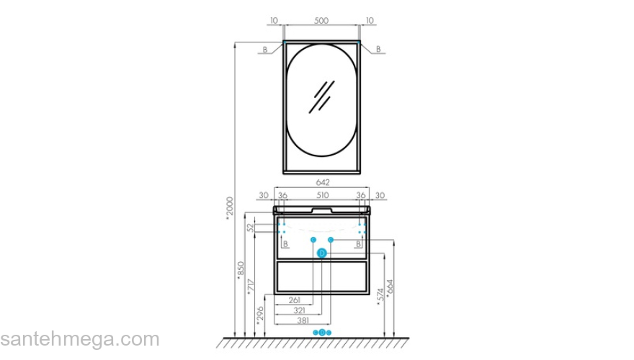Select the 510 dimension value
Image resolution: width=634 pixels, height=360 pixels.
[x=322, y=195]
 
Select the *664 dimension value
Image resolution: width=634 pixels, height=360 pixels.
[x=390, y=290]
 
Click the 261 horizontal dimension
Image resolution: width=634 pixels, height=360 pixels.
[x=294, y=300]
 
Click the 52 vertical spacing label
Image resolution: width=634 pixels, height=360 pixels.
[x=251, y=228]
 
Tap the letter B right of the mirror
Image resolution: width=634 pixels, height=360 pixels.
[x=379, y=49]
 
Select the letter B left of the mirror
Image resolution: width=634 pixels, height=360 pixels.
[x=264, y=49]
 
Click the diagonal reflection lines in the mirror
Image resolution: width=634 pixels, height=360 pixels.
[x=321, y=96]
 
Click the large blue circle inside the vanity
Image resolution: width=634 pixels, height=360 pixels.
[x=322, y=253]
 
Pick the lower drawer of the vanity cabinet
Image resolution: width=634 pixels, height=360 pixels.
[x=321, y=277]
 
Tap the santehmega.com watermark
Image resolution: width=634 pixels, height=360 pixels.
[x=79, y=339]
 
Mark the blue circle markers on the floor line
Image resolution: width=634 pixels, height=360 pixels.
[x=322, y=333]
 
